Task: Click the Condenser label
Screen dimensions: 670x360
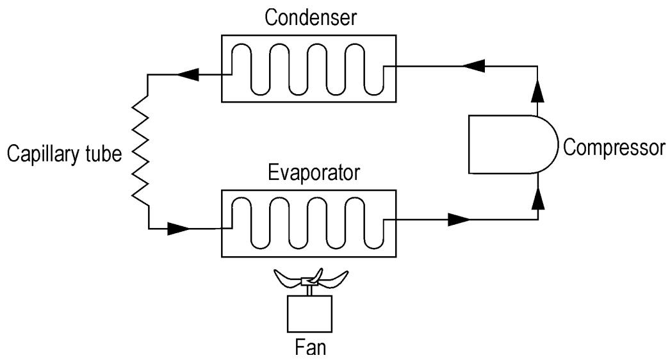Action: pos(310,18)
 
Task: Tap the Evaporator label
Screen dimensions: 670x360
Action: pos(314,173)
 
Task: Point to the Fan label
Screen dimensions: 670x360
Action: pos(311,347)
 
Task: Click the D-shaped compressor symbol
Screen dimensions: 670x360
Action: pos(513,144)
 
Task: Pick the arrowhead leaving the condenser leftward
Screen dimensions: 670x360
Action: pos(188,74)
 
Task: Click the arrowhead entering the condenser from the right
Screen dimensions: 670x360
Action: pos(473,66)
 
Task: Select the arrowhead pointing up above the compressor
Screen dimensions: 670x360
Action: pos(538,90)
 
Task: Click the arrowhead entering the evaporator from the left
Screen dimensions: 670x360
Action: pos(179,229)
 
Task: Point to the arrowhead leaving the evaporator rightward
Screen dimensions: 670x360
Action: pos(459,220)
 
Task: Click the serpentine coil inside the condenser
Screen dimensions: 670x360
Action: pos(307,69)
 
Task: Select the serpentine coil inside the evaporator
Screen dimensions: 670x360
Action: pos(307,223)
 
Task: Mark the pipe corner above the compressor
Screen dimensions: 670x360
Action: pos(537,66)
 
